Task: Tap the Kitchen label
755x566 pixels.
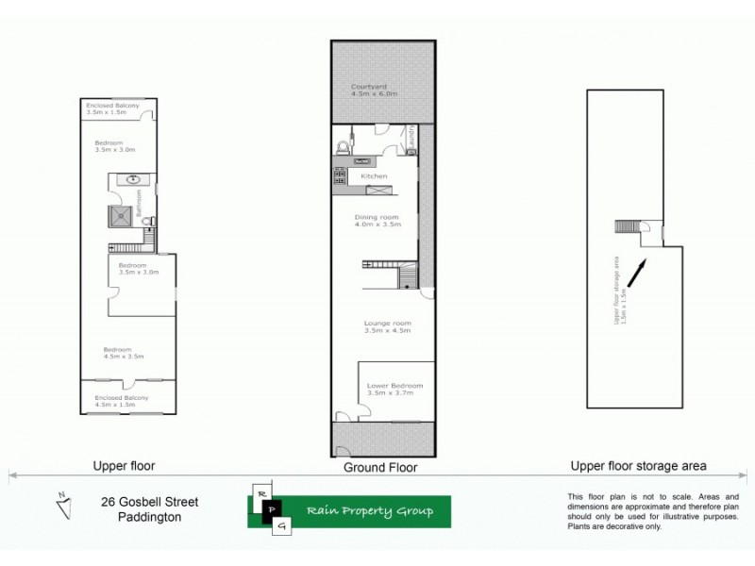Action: point(374,176)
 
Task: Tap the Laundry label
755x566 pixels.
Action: point(412,140)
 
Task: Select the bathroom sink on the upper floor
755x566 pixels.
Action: point(133,178)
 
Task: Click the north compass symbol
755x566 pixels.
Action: point(62,506)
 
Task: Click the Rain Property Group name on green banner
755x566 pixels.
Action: point(369,511)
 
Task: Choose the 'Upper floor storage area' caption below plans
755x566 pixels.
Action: point(638,466)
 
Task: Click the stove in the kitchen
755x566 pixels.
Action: point(338,175)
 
